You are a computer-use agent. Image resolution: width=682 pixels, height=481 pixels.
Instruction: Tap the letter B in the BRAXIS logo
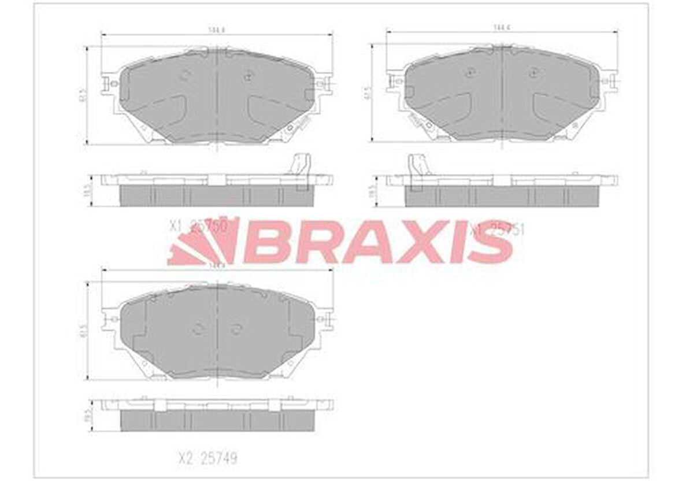point(267,242)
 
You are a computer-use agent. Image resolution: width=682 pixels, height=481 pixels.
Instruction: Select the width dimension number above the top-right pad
point(501,27)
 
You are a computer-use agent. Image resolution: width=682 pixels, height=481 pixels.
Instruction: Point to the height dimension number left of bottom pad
point(83,331)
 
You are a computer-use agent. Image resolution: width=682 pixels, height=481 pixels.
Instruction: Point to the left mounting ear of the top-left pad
point(108,84)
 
